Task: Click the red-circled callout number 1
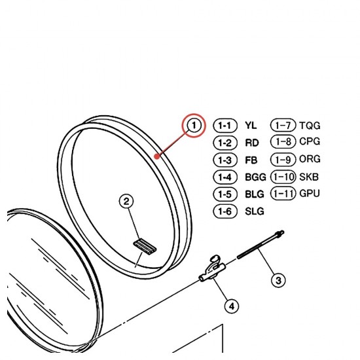(x=194, y=126)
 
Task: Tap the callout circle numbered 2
(x=126, y=202)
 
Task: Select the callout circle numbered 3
(x=278, y=280)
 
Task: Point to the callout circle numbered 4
(x=232, y=306)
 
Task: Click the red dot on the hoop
(x=157, y=156)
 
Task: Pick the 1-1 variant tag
(x=225, y=126)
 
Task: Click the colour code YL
(x=251, y=126)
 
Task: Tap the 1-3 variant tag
(x=225, y=160)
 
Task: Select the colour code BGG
(x=255, y=177)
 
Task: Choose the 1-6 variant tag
(x=225, y=211)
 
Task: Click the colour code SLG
(x=255, y=211)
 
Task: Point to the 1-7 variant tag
(x=283, y=126)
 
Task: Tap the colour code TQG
(x=310, y=126)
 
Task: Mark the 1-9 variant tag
(x=283, y=159)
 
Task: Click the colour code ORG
(x=310, y=159)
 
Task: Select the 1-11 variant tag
(x=283, y=194)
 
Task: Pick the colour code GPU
(x=310, y=194)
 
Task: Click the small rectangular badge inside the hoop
(x=145, y=247)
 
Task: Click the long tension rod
(x=261, y=245)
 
